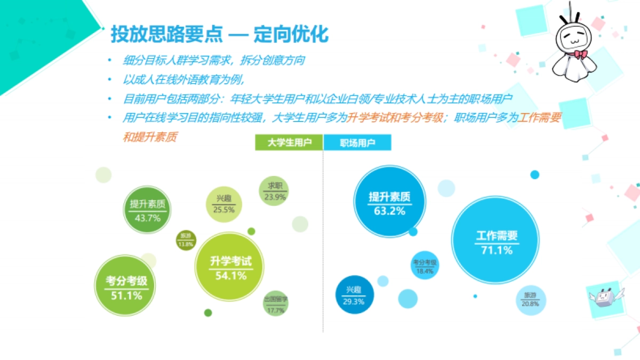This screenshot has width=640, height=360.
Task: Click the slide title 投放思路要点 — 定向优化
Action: (219, 34)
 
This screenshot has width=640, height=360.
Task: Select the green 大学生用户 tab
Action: (289, 143)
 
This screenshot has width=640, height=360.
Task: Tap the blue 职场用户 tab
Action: (358, 143)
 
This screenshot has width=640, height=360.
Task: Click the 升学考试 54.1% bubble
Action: (230, 266)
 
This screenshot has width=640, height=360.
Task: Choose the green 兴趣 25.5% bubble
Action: (223, 204)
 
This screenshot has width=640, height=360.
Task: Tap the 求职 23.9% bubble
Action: (275, 191)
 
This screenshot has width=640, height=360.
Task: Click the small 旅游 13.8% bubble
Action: (186, 240)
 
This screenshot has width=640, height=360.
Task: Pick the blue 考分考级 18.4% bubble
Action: (425, 266)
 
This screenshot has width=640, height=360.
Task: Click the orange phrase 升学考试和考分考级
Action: (395, 118)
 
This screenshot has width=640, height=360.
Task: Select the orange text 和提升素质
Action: (149, 137)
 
